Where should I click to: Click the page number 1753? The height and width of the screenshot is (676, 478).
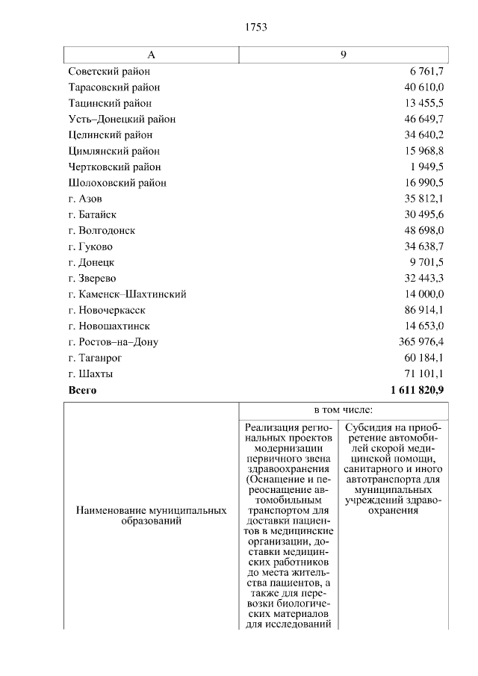click(255, 28)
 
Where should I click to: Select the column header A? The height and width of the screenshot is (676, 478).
click(151, 55)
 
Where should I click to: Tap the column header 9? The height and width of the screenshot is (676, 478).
click(344, 55)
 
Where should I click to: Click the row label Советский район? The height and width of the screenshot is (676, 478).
click(109, 72)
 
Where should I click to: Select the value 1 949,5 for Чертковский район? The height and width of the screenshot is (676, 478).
click(427, 167)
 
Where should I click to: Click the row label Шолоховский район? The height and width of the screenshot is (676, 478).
click(117, 183)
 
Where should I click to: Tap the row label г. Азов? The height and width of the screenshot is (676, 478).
click(85, 199)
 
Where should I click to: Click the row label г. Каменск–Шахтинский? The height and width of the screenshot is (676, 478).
click(127, 294)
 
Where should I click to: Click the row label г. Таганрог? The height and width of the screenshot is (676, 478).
click(93, 358)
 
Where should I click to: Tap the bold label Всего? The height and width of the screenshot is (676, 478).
click(82, 390)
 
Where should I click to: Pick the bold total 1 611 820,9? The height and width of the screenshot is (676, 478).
click(417, 390)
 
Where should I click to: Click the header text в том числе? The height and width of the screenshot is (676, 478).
click(344, 411)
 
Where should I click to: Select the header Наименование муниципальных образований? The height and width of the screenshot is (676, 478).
click(152, 515)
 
